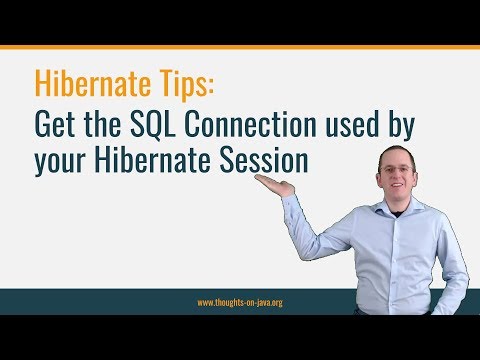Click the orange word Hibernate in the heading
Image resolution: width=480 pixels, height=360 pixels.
[87, 83]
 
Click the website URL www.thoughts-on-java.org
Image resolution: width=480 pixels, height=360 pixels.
[240, 301]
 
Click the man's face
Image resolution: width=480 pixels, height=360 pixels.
[396, 167]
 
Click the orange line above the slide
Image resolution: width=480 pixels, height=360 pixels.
[240, 46]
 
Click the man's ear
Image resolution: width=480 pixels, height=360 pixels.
[415, 168]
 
